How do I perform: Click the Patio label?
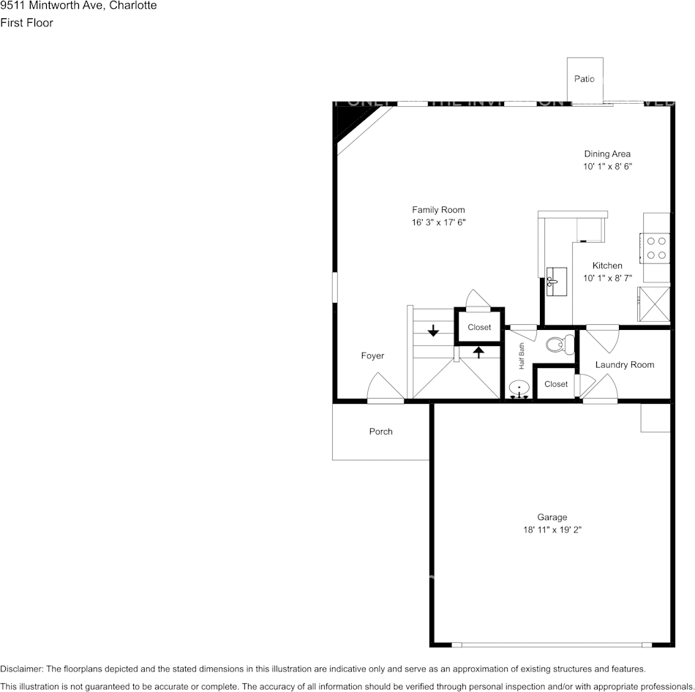584,79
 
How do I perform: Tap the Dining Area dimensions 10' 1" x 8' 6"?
607,167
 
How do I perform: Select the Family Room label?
438,210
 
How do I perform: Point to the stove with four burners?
655,247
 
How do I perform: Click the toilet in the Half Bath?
560,345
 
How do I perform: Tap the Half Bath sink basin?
519,388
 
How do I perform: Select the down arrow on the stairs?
433,331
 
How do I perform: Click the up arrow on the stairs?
478,353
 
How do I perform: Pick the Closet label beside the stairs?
479,327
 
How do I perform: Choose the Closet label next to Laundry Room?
556,384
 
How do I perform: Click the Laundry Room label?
624,365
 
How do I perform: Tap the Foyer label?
372,356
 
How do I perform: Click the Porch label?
380,432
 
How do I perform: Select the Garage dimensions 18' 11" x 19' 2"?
552,530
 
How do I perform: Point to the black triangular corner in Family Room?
345,124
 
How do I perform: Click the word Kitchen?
607,266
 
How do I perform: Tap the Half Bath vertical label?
522,356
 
